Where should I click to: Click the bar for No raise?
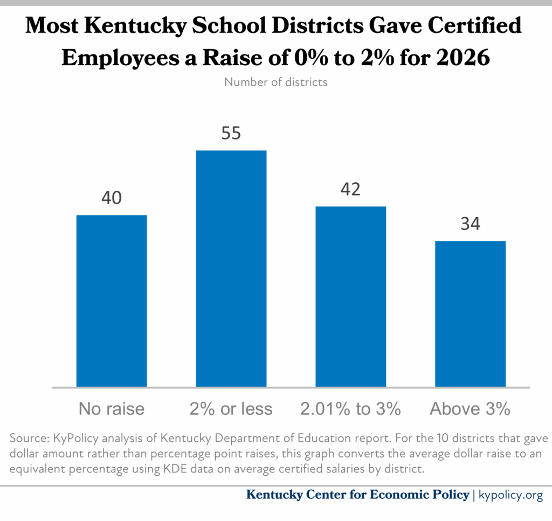coord(112,301)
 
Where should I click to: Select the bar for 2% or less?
coord(231,268)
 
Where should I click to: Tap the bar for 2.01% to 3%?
coord(350,296)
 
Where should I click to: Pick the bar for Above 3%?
coord(470,314)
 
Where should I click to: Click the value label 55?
coord(231,133)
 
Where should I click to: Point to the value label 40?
coord(112,198)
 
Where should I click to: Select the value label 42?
coord(350,190)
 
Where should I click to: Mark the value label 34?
coord(470,224)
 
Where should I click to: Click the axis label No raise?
coord(112,409)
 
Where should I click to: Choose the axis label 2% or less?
coord(231,409)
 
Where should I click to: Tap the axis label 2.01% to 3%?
coord(350,409)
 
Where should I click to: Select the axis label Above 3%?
coord(470,409)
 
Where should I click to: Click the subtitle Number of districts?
coord(276,83)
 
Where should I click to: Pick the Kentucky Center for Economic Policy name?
coord(357,495)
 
